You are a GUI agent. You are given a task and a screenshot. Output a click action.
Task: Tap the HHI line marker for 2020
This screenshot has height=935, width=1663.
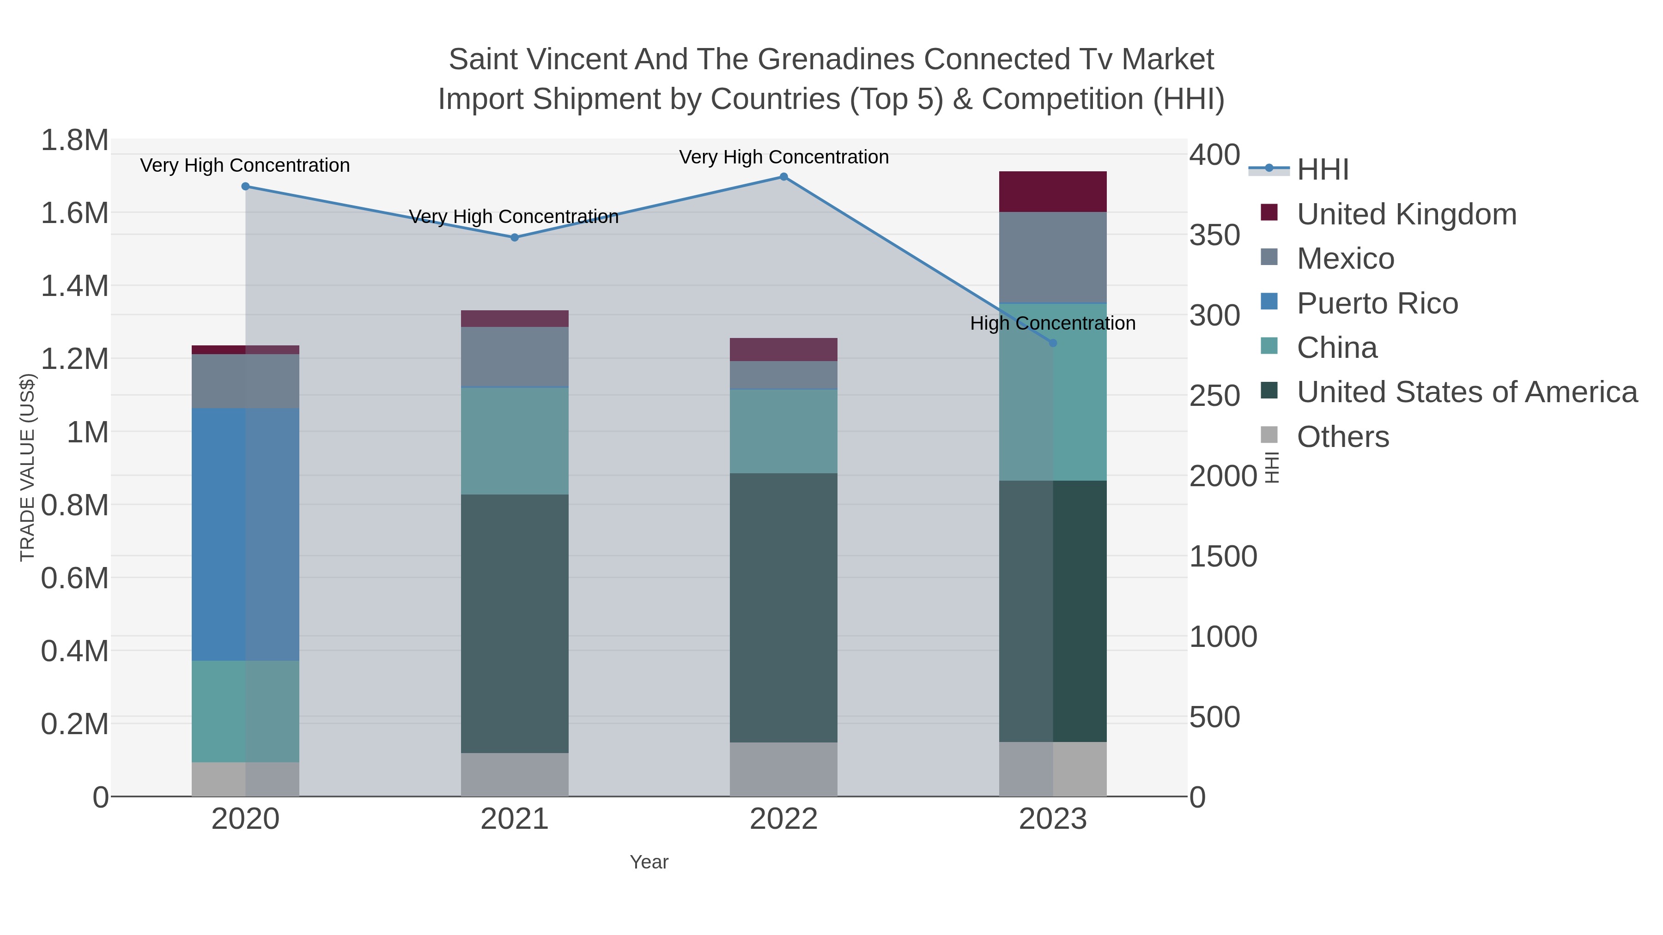pyautogui.click(x=245, y=187)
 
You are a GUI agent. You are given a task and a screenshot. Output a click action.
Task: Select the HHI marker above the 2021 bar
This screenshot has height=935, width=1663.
pyautogui.click(x=515, y=237)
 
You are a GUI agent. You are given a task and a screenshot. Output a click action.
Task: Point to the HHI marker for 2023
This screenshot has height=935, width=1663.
pyautogui.click(x=1053, y=343)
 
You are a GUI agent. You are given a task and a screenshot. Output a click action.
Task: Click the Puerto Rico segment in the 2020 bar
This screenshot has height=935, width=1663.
pyautogui.click(x=245, y=534)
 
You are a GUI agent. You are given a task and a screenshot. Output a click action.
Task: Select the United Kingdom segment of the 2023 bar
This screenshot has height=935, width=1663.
pyautogui.click(x=1053, y=192)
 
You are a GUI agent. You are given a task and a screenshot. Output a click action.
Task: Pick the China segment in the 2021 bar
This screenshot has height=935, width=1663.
pyautogui.click(x=515, y=441)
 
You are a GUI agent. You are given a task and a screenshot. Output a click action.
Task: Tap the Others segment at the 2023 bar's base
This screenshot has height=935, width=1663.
pyautogui.click(x=1053, y=769)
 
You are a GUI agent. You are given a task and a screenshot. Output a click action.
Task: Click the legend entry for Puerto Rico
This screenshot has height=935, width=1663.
pyautogui.click(x=1377, y=303)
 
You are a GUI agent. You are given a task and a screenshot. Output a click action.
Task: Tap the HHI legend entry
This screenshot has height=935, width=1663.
pyautogui.click(x=1322, y=170)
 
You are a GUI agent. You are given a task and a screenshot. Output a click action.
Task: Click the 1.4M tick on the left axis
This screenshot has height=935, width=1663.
pyautogui.click(x=75, y=286)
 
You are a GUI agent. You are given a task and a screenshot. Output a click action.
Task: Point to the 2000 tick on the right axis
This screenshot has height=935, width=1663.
pyautogui.click(x=1223, y=476)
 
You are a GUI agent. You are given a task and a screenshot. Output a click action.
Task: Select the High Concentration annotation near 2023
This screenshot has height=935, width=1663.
pyautogui.click(x=1052, y=323)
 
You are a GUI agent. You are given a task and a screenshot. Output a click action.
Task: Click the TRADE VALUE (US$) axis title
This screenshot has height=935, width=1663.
pyautogui.click(x=27, y=467)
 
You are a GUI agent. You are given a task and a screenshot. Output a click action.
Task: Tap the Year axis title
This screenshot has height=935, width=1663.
pyautogui.click(x=649, y=862)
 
